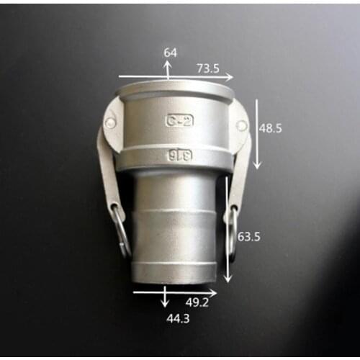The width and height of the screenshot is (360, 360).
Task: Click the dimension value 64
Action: (171, 53)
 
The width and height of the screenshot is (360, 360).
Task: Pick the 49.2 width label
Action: (197, 303)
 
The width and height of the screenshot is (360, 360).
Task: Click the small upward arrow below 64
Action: (167, 69)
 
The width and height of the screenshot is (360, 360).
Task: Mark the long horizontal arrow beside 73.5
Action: (176, 76)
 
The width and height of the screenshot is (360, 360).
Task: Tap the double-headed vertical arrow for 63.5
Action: (228, 229)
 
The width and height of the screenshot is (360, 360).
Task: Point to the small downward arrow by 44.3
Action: (166, 297)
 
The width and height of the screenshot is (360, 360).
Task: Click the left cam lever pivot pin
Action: (110, 123)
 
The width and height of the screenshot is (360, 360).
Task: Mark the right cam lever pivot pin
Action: (241, 125)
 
